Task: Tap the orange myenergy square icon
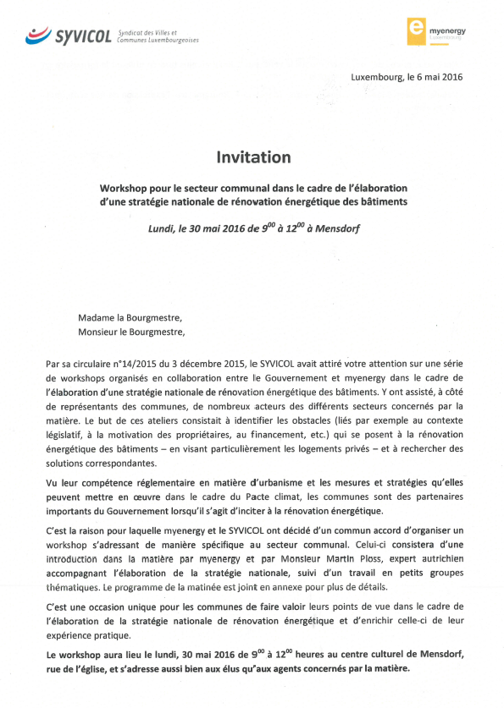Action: (415, 30)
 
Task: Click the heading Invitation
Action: (252, 157)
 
